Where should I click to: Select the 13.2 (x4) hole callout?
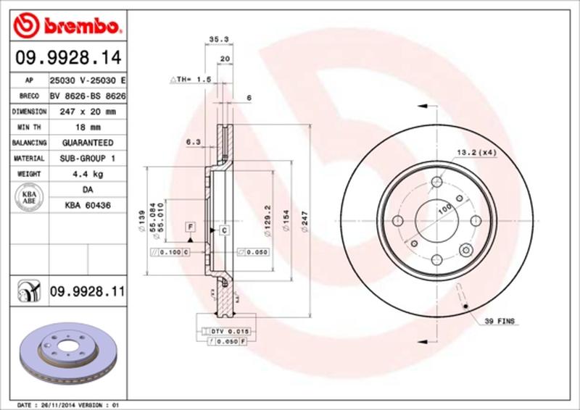pos(476,152)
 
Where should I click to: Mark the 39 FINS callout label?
pos(500,320)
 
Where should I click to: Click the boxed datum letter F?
pos(190,227)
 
